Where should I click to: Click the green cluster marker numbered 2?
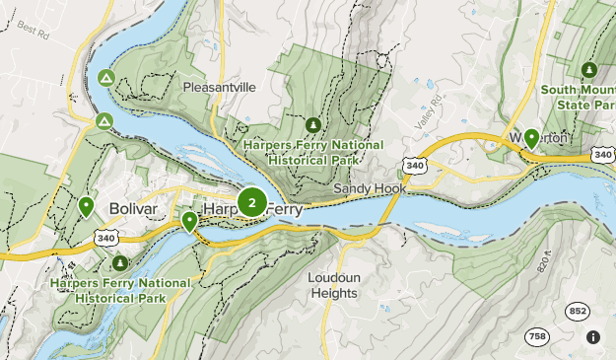[x=252, y=203]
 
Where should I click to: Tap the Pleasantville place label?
[x=219, y=87]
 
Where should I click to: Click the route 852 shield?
[x=578, y=311]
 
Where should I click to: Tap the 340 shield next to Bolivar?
[x=107, y=238]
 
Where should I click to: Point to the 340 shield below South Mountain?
[x=603, y=155]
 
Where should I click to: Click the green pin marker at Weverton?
[x=532, y=138]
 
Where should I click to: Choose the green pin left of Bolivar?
[x=87, y=206]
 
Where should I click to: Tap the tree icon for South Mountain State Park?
[x=588, y=70]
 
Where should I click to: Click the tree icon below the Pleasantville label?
[x=313, y=124]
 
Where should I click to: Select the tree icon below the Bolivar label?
[x=121, y=263]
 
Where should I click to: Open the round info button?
[x=593, y=337]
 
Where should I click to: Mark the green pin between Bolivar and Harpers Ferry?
[x=189, y=221]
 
